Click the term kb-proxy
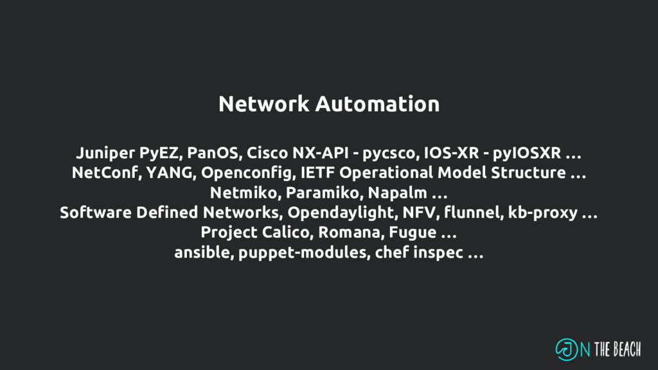(x=542, y=213)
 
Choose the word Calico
(x=281, y=232)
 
